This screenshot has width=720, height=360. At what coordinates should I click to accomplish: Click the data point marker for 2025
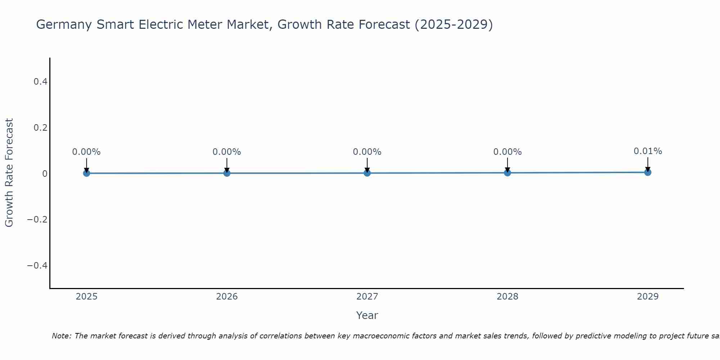tap(86, 173)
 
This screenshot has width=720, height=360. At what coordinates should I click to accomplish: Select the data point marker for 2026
tap(227, 173)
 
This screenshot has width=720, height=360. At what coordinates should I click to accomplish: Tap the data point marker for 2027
tap(367, 173)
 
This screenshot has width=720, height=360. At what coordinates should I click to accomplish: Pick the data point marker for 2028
tap(507, 173)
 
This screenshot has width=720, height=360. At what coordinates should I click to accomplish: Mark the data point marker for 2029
tap(648, 172)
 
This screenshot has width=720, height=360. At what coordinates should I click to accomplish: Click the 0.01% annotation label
tap(648, 151)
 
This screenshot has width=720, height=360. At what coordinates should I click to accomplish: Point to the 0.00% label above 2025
tap(86, 152)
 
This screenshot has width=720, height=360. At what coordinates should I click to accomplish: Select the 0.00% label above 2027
tap(367, 152)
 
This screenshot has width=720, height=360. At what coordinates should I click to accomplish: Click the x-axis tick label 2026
tap(227, 297)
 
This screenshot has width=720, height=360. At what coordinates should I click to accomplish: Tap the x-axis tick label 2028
tap(507, 297)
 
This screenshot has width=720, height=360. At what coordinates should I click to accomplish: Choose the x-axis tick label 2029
tap(648, 297)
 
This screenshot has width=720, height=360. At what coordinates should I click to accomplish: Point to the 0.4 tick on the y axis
tap(41, 82)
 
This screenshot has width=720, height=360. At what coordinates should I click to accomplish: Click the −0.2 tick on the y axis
tap(37, 220)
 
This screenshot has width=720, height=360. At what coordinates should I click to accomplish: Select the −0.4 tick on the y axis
tap(37, 266)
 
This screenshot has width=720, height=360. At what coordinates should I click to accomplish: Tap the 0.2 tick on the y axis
tap(41, 128)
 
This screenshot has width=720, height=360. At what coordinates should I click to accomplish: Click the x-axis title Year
tap(367, 315)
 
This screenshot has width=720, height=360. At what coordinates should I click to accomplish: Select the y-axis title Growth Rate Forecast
tap(9, 173)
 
